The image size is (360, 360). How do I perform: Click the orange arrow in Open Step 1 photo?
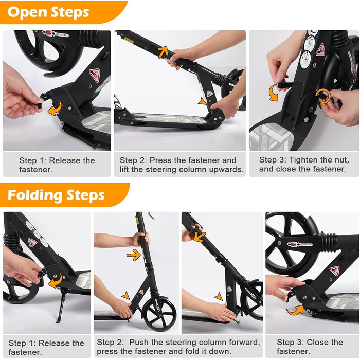tap(55, 109)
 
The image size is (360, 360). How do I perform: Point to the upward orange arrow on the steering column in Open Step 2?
tap(163, 52)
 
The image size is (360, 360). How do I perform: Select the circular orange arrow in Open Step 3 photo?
tap(323, 97)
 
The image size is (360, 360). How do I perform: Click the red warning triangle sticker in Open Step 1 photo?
tap(95, 75)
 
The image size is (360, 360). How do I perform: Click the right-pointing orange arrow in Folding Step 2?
tap(134, 255)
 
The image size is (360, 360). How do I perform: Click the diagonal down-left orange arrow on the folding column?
tap(200, 237)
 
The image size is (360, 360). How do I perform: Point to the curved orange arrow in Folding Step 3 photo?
tap(295, 310)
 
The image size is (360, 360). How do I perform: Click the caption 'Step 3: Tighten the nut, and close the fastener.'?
tap(304, 165)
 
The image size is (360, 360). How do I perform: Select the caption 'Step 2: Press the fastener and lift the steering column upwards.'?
tap(182, 165)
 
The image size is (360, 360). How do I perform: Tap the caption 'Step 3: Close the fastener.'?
tap(310, 347)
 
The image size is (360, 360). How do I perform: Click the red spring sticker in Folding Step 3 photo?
tap(300, 244)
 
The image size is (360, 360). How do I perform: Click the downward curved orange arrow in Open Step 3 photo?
tap(274, 93)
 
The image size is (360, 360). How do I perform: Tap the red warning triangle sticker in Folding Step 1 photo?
tap(32, 242)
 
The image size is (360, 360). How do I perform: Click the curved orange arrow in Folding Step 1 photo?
tap(56, 280)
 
